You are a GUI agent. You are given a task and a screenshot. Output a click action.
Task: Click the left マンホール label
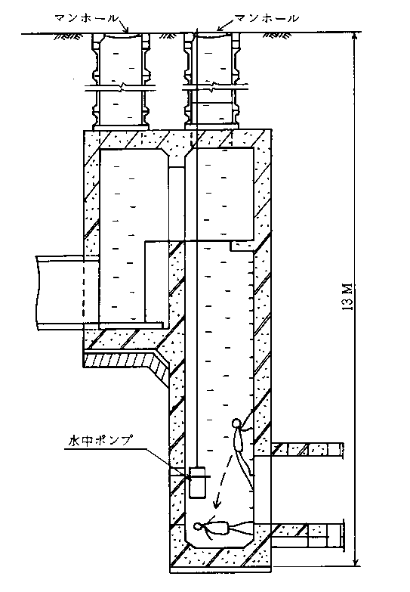(86, 18)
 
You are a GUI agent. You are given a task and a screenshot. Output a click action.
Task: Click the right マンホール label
(267, 18)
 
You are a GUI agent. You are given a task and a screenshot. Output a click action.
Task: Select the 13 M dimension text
(348, 296)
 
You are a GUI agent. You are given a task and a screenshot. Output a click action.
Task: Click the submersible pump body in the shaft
(197, 482)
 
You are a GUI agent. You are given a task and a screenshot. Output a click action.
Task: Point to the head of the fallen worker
(198, 525)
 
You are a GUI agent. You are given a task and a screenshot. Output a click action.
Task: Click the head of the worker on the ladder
(237, 422)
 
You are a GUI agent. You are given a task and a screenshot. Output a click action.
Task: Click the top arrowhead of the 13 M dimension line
(355, 36)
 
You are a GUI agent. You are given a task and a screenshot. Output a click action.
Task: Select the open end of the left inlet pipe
(38, 293)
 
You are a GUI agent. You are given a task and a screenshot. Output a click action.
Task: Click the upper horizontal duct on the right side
(307, 450)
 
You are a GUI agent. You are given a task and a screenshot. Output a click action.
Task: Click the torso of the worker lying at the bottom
(218, 527)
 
